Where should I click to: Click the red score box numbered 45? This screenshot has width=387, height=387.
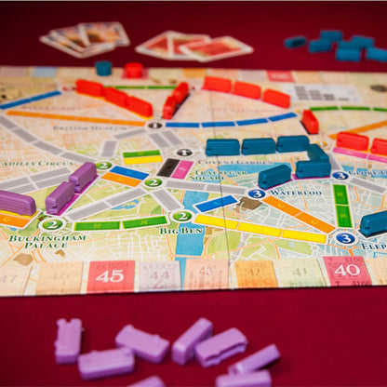[x=111, y=275]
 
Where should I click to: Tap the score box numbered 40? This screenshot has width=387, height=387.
[x=347, y=271]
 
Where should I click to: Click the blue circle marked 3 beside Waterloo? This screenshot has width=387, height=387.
[x=256, y=193]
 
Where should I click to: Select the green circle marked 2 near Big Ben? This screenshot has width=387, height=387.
[x=181, y=217]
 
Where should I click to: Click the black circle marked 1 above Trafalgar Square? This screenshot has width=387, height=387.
[x=183, y=152]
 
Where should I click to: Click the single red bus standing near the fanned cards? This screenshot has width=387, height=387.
[x=134, y=70]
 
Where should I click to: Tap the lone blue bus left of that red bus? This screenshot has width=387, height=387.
[x=103, y=68]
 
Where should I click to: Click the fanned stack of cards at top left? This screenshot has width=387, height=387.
[x=86, y=38]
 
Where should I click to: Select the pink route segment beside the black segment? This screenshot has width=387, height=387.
[x=182, y=168]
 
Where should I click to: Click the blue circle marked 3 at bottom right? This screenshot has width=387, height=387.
[x=345, y=238]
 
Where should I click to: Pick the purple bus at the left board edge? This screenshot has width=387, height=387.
[x=16, y=203]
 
